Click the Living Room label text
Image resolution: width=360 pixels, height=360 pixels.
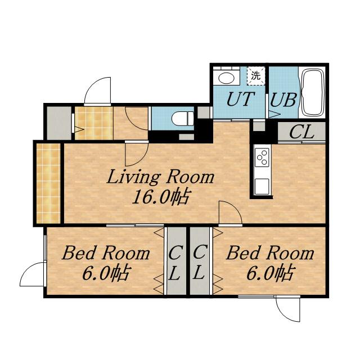(x=160, y=178)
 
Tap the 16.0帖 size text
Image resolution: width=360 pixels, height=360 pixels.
(x=160, y=197)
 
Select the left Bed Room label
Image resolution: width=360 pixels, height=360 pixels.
(x=106, y=253)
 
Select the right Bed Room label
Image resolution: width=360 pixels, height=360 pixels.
(x=270, y=253)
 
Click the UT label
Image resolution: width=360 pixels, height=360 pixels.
(x=240, y=99)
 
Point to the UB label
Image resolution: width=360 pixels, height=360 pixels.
(x=283, y=100)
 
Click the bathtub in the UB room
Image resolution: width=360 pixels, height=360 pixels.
(x=313, y=92)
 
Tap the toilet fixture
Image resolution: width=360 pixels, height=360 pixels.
(x=183, y=119)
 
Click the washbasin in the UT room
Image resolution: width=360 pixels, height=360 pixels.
(x=226, y=78)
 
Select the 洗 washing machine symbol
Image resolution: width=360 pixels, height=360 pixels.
(x=256, y=76)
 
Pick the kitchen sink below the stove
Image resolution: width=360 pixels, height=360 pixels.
(x=262, y=186)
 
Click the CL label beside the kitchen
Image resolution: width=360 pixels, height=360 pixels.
(x=301, y=132)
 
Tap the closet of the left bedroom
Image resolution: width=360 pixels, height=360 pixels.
(x=176, y=261)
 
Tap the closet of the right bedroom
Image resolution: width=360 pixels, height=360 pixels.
(x=200, y=261)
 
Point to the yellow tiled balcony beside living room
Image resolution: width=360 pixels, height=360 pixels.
(x=48, y=183)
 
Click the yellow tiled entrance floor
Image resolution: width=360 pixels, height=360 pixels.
(x=94, y=123)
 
